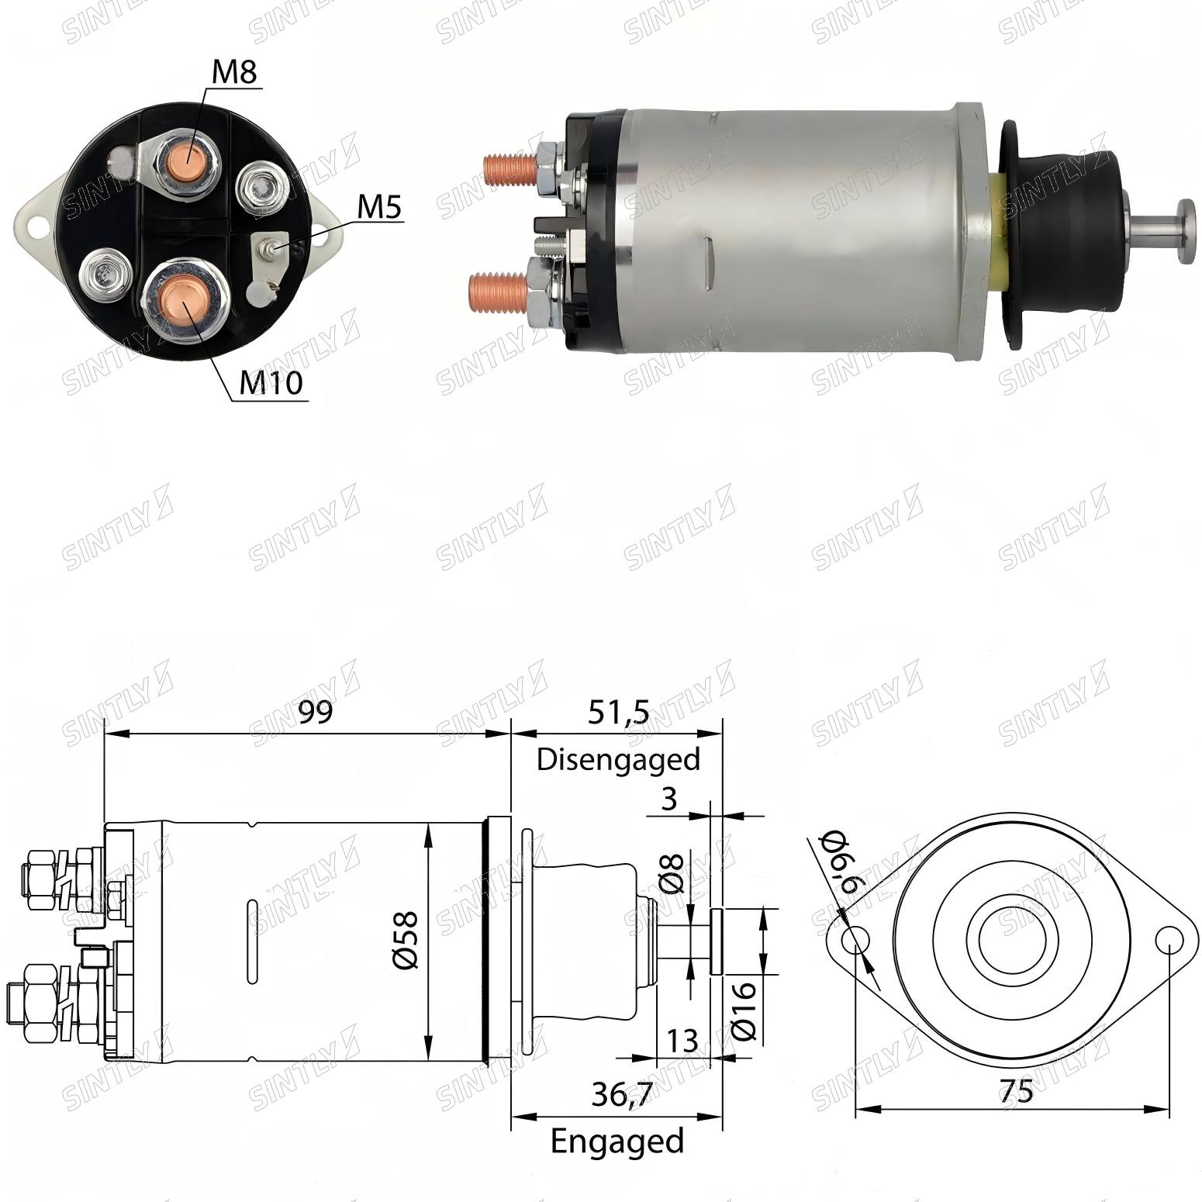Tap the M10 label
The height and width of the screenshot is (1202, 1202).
click(x=271, y=382)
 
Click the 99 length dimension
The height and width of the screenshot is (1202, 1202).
click(x=316, y=712)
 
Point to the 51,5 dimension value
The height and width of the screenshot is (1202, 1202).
click(x=618, y=713)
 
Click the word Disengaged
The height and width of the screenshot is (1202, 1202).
click(x=618, y=759)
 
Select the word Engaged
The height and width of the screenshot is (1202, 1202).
click(x=617, y=1141)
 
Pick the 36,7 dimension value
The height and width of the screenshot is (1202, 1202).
click(x=622, y=1094)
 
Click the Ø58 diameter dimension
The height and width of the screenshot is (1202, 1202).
click(x=406, y=940)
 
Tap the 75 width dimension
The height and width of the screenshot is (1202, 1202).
click(x=1017, y=1092)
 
